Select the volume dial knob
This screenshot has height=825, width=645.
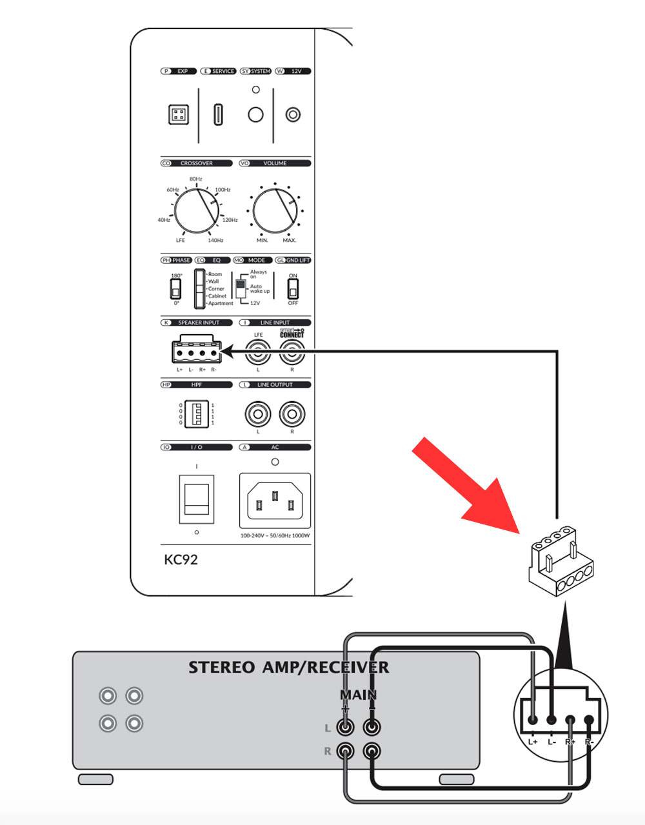pos(275,210)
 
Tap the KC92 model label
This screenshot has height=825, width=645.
pos(181,559)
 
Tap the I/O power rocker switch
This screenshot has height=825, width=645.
pos(197,499)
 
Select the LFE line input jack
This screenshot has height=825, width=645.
pos(259,352)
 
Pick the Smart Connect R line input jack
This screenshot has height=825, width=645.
pos(292,352)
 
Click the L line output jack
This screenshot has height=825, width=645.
pos(258,413)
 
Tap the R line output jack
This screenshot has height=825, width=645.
pos(292,413)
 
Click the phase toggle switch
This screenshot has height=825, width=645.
pos(176,289)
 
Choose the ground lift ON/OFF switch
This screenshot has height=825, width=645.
pos(293,289)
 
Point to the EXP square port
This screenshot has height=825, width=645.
pos(179,115)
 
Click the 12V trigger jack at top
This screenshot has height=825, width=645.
pos(293,115)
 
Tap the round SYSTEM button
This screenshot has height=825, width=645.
pos(256,115)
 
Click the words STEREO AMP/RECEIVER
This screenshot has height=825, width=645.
pos(288,667)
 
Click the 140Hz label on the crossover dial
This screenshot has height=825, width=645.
pos(215,240)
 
